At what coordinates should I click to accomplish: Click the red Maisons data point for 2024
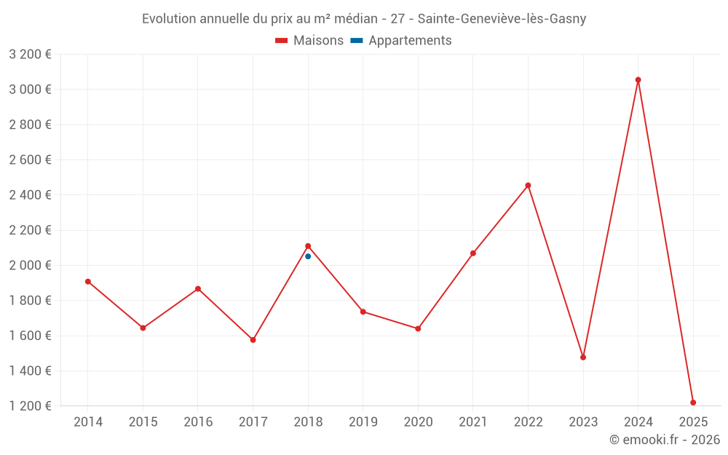tap(638, 80)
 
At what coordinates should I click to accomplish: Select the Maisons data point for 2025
tap(693, 403)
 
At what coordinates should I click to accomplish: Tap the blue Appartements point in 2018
tap(308, 256)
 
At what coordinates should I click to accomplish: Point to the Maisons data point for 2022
tap(528, 186)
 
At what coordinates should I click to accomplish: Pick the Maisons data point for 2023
tap(583, 357)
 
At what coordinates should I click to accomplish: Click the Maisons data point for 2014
tap(88, 282)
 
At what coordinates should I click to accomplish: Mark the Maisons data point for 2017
tap(253, 340)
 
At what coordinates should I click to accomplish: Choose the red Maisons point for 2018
tap(308, 246)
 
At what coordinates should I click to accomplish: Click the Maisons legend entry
tap(309, 41)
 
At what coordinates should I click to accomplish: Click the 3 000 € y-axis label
tap(31, 90)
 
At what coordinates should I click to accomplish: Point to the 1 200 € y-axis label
tap(31, 406)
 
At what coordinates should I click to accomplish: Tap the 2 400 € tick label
tap(31, 195)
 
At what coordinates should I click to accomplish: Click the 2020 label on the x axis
tap(418, 422)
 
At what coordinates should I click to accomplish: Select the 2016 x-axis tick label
tap(198, 422)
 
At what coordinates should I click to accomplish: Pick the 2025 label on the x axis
tap(693, 422)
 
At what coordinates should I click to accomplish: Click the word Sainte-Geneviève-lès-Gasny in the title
tap(502, 19)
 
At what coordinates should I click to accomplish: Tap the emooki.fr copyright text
tap(665, 440)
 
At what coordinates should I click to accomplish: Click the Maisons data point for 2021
tap(473, 253)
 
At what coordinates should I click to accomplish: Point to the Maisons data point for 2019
tap(363, 312)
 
